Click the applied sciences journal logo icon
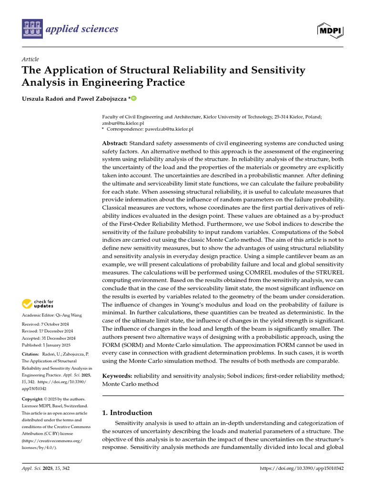31,29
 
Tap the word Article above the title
30,60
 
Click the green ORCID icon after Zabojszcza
133,99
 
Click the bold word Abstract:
115,143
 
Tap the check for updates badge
38,304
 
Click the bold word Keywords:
117,376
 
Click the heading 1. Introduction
127,413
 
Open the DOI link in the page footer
302,469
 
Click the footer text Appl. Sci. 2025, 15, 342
46,469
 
